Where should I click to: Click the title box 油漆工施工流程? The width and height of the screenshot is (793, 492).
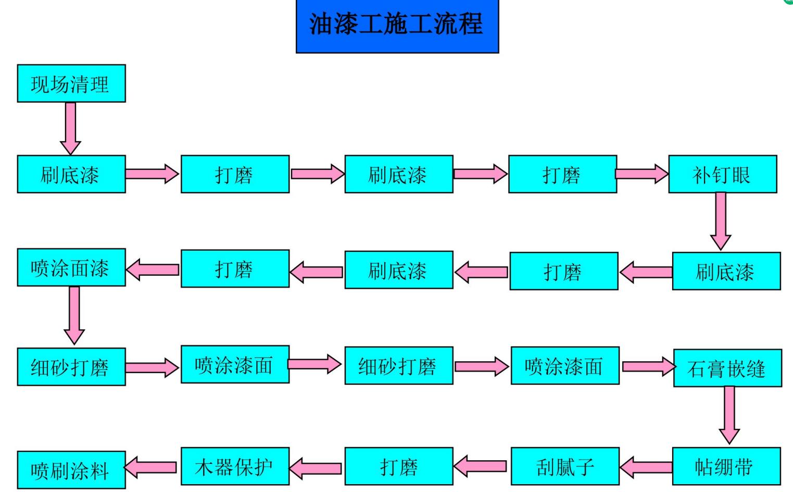tap(397, 26)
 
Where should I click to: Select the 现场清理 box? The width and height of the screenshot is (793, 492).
tap(71, 83)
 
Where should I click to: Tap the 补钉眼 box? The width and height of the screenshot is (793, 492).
tap(722, 174)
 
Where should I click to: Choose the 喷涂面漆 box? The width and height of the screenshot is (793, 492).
tap(71, 267)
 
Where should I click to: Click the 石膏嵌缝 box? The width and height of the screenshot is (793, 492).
tap(727, 368)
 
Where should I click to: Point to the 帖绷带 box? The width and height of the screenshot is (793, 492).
tap(726, 466)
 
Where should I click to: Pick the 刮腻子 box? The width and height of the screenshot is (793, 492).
tap(565, 466)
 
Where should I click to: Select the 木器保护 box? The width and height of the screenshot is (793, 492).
tap(235, 466)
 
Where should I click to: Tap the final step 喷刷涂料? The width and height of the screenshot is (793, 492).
tap(71, 470)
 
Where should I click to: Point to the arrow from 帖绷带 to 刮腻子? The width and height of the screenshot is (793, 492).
tap(646, 466)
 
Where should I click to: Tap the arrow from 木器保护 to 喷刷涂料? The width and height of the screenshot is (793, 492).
tap(152, 467)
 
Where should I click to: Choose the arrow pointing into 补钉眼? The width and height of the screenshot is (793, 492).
tap(642, 174)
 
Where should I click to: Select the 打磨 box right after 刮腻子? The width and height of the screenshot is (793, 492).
tap(398, 466)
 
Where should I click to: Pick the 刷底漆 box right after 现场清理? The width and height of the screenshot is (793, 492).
tap(71, 174)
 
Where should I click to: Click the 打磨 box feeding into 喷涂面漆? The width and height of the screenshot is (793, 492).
tap(235, 268)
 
